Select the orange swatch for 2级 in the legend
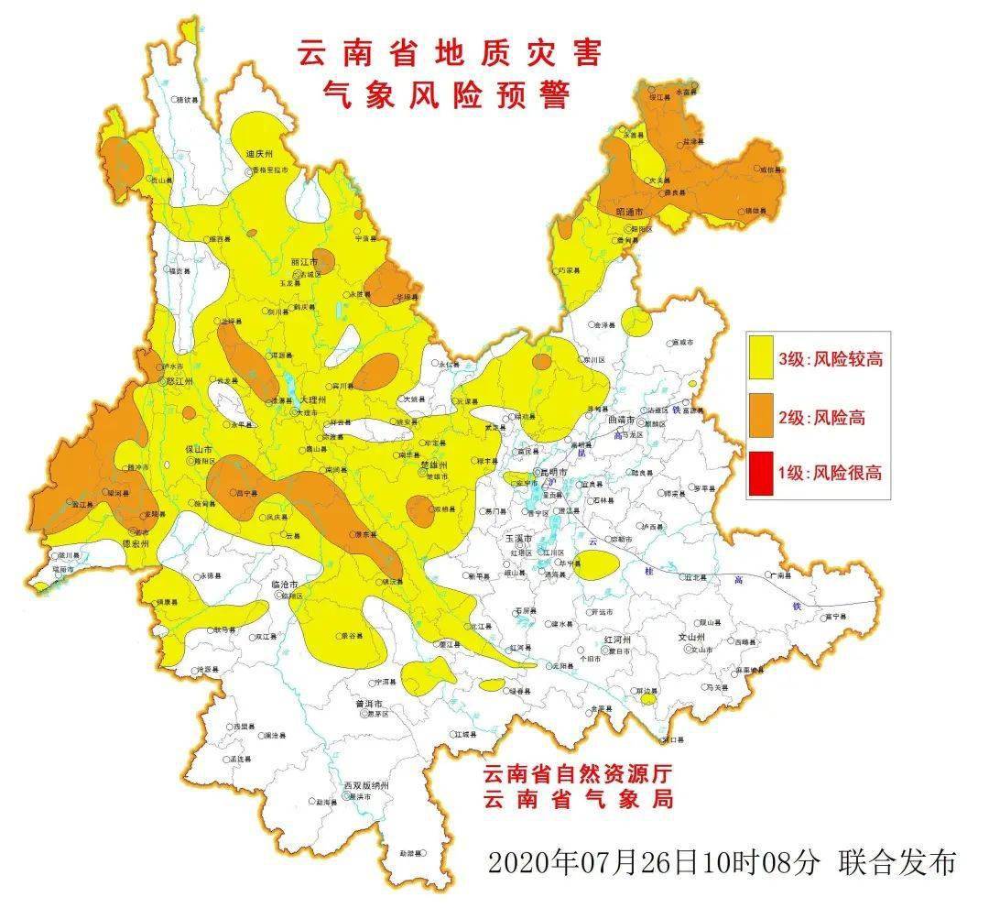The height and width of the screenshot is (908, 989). [x=761, y=418]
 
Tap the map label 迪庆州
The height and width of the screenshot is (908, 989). [x=260, y=154]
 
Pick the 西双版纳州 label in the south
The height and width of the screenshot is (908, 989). [x=366, y=786]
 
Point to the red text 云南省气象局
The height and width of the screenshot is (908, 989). [x=579, y=799]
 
